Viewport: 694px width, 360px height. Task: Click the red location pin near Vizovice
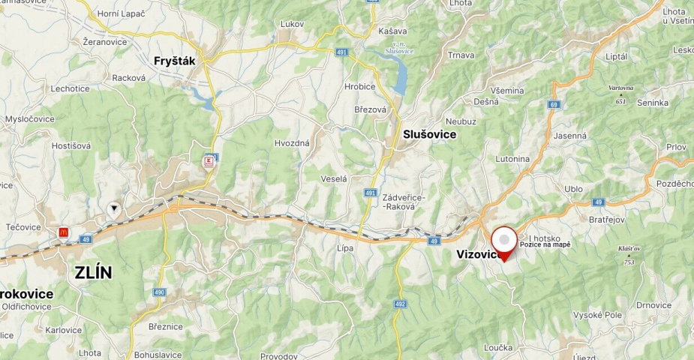(x=505, y=242)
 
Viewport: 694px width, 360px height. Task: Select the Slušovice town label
(x=429, y=133)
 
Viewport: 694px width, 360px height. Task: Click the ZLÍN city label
(x=93, y=273)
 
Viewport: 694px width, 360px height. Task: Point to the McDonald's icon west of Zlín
(x=64, y=232)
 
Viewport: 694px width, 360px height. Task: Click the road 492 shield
(x=400, y=304)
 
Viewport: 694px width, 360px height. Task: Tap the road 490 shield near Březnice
(x=159, y=292)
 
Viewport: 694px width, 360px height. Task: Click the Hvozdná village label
(x=292, y=142)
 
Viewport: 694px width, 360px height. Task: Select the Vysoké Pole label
(x=597, y=315)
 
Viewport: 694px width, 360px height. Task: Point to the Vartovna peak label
(x=620, y=88)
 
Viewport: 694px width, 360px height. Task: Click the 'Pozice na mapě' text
(x=545, y=245)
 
